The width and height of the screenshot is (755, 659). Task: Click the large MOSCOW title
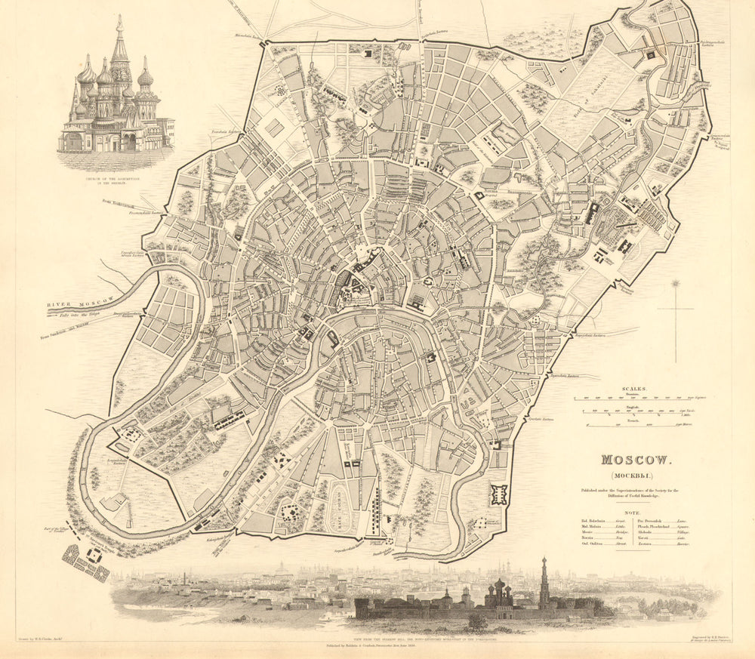630,460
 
